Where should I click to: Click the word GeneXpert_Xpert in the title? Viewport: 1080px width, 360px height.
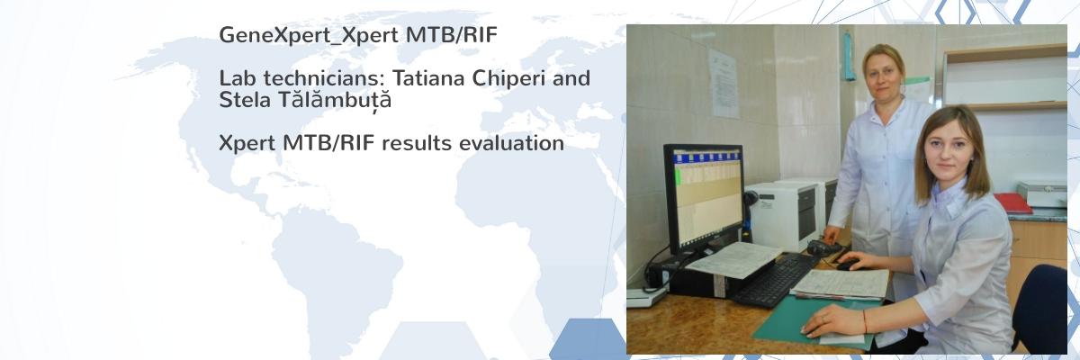pos(309,36)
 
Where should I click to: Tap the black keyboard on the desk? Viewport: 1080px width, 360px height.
pos(776,280)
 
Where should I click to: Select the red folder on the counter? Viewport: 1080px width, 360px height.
pos(1012,202)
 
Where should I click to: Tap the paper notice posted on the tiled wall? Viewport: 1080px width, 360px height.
pos(724,83)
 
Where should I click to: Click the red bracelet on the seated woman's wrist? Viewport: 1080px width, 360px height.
pos(866,321)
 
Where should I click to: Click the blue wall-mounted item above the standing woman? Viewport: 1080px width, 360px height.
pos(848,56)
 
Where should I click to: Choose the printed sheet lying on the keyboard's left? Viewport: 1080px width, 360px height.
pos(733,259)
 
